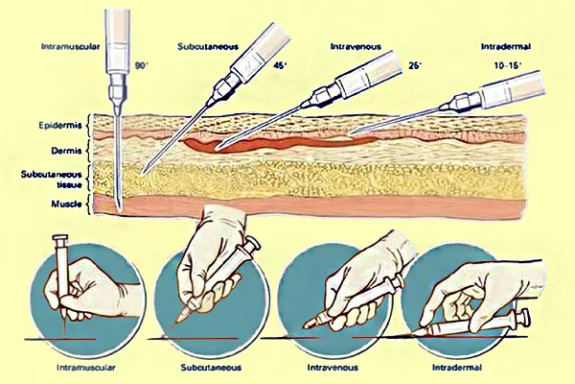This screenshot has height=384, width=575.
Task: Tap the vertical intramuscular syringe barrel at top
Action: tap(119, 34)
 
